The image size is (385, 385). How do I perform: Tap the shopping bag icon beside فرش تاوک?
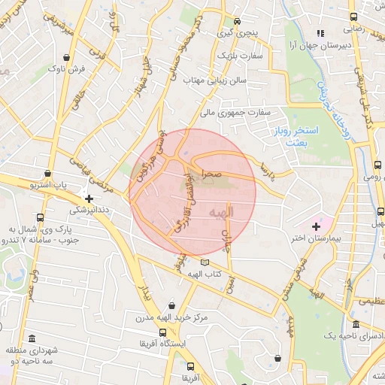click(x=68, y=56)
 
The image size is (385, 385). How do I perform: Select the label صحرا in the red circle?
click(x=210, y=172)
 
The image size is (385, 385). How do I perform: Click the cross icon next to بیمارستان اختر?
click(x=316, y=226)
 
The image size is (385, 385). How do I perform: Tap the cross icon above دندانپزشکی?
click(x=90, y=199)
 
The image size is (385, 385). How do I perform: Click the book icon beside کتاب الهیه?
click(x=205, y=262)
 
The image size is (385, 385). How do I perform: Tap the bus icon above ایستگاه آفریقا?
click(x=161, y=332)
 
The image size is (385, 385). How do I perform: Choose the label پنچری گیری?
click(x=237, y=34)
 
